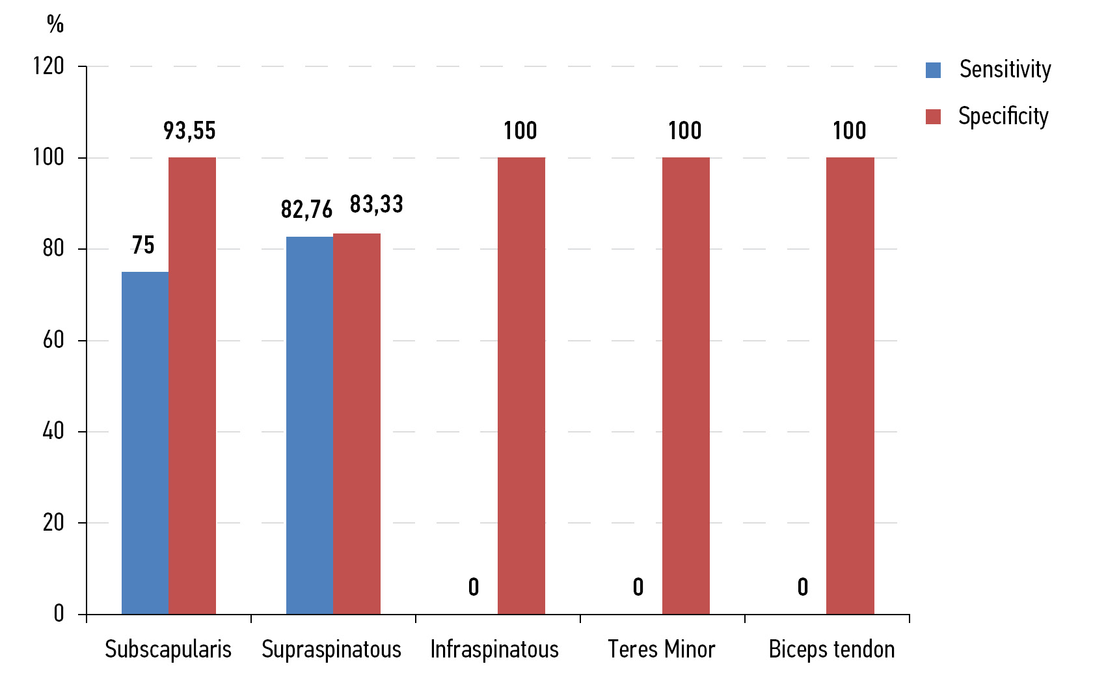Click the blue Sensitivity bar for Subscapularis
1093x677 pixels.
[145, 442]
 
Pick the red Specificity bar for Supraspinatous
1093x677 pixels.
[357, 423]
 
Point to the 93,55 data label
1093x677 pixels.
[189, 131]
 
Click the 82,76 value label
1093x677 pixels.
[306, 209]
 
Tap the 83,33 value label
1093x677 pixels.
[377, 204]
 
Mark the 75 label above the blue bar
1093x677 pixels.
[143, 245]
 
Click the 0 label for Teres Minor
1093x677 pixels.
[638, 587]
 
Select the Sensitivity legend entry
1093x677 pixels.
[1005, 69]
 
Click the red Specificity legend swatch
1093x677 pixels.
[933, 116]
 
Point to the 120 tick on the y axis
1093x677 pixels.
[49, 66]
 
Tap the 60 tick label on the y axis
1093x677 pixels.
[53, 340]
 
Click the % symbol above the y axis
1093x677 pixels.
[55, 25]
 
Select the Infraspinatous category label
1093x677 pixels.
[494, 649]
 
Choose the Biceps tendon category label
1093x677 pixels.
[831, 649]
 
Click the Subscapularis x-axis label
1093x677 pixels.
[168, 649]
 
